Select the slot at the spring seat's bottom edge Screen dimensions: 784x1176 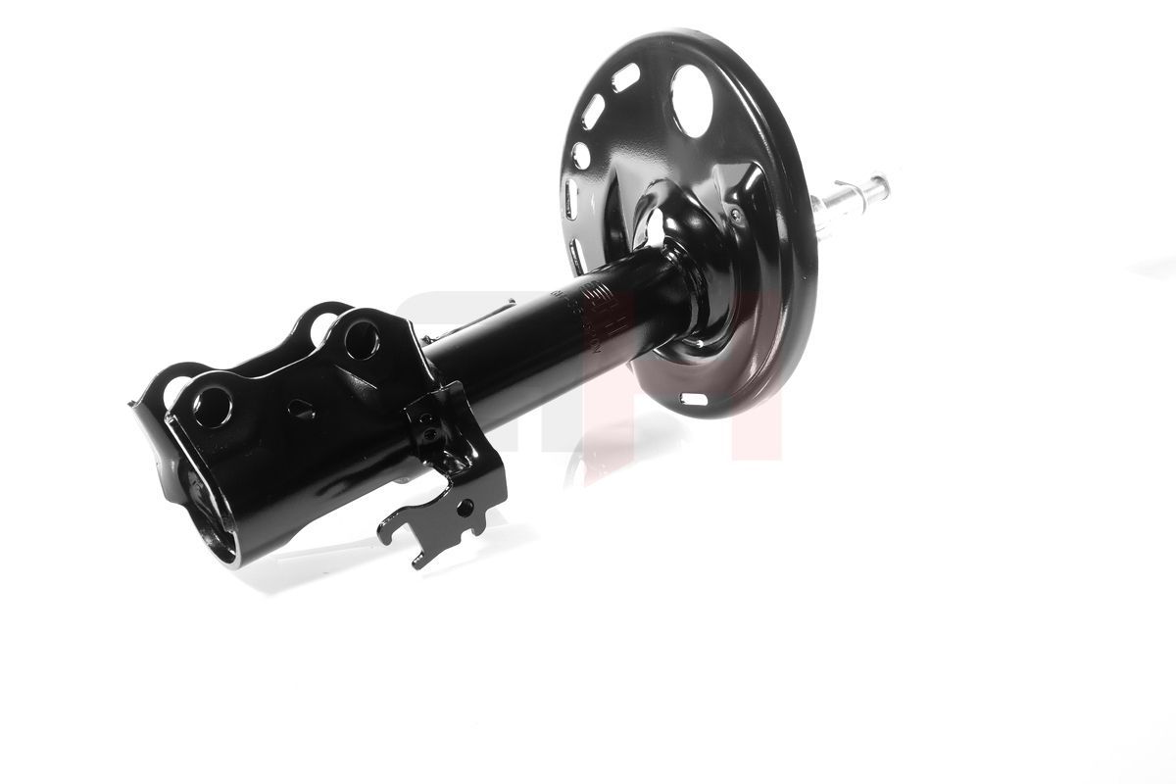pyautogui.click(x=693, y=399)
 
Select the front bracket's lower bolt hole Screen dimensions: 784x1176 pyautogui.click(x=212, y=406)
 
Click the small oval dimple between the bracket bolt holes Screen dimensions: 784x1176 pyautogui.click(x=301, y=410)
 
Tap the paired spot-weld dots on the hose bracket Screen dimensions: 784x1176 pyautogui.click(x=427, y=424)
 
